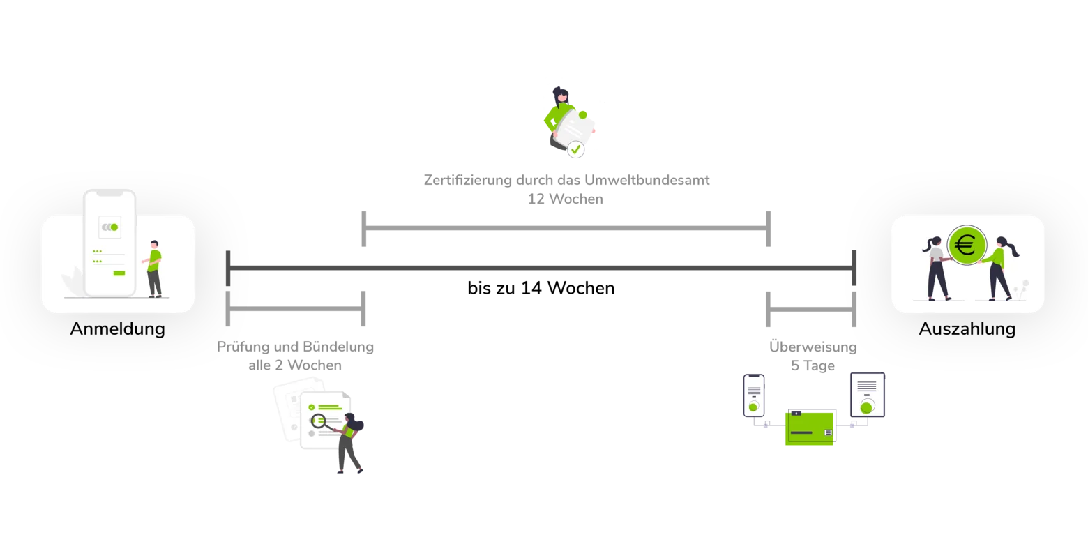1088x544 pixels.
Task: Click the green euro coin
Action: tap(967, 245)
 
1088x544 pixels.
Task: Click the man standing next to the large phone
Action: tap(154, 269)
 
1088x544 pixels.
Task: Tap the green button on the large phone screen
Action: tap(119, 273)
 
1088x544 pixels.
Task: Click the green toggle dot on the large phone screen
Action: tap(114, 227)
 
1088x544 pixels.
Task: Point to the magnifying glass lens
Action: tap(319, 421)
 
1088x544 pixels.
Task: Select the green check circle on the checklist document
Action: tap(311, 407)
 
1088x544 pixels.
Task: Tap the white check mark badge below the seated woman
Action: tap(575, 149)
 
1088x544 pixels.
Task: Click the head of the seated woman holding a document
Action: tap(561, 93)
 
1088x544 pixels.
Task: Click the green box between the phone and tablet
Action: tap(809, 427)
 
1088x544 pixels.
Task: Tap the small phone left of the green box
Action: tap(754, 395)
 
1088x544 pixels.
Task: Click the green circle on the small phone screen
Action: tap(754, 407)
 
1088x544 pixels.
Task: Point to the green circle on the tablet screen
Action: tap(867, 407)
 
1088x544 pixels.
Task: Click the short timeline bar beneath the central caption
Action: tap(566, 228)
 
